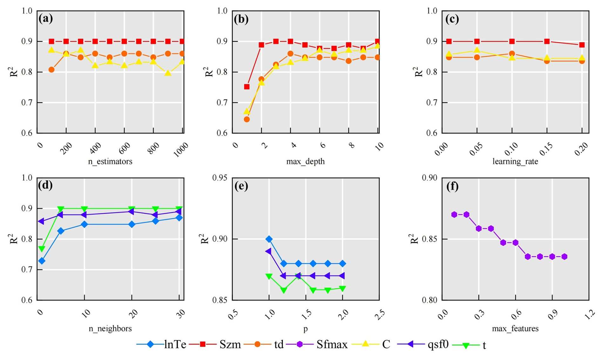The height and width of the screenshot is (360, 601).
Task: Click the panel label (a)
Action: click(x=45, y=19)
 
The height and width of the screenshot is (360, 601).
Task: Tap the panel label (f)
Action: click(x=452, y=186)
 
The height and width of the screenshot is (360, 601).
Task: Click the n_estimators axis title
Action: click(x=110, y=161)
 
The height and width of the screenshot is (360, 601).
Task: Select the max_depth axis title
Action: click(x=305, y=161)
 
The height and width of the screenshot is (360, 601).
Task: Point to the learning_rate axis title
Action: click(x=515, y=161)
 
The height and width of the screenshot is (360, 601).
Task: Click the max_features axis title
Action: click(x=515, y=328)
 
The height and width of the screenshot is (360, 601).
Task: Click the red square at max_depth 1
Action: click(x=247, y=87)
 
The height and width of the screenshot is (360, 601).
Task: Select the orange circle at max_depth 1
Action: click(x=247, y=119)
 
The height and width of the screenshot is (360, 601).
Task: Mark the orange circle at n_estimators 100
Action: click(x=51, y=70)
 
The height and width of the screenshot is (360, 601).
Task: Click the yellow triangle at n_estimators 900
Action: click(x=168, y=73)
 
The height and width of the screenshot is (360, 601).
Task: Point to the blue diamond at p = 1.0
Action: click(x=269, y=239)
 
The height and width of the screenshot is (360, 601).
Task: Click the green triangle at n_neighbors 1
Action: click(x=42, y=249)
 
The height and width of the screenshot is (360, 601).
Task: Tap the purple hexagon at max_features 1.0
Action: click(x=564, y=257)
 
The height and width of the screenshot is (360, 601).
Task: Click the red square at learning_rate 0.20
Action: click(x=582, y=45)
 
